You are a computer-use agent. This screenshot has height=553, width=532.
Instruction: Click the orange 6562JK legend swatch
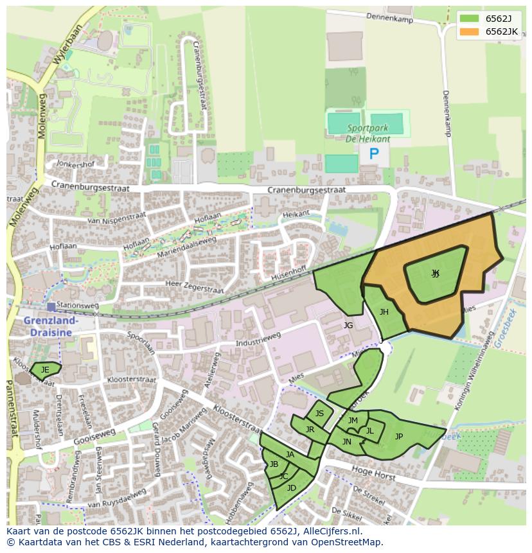[x=470, y=31]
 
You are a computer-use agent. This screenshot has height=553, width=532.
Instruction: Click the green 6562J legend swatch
[x=470, y=19]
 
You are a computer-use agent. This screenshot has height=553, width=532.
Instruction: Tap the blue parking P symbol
[x=374, y=154]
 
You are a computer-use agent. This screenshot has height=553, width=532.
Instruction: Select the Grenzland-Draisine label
[x=51, y=326]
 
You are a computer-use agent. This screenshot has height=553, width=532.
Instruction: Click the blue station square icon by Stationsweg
[x=51, y=307]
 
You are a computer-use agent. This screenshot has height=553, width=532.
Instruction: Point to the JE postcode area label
[x=45, y=370]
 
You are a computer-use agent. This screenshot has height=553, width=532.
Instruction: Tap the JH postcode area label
[x=384, y=312]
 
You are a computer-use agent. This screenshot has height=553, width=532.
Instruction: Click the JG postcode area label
[x=348, y=326]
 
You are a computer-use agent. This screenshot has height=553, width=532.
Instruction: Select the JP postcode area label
[x=399, y=437]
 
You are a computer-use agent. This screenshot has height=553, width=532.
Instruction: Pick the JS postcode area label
[x=319, y=414]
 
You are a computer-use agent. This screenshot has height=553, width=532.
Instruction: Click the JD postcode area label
[x=292, y=488]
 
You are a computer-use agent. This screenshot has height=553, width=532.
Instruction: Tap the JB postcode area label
[x=274, y=464]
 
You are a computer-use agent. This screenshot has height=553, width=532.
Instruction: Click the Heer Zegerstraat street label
[x=194, y=286]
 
